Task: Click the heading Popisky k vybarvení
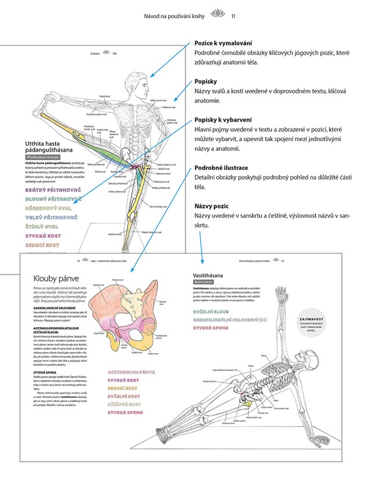[224, 120]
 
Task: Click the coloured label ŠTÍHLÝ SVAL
[43, 226]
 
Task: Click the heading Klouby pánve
[56, 279]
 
